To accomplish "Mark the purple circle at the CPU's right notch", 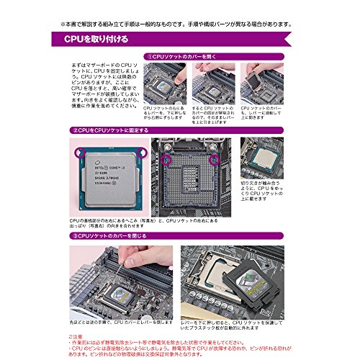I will [143, 153].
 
